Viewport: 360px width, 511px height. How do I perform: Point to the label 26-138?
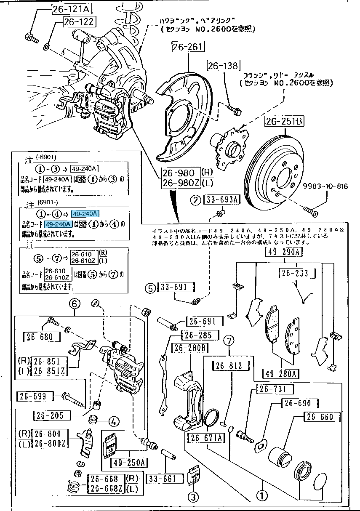pyautogui.click(x=223, y=65)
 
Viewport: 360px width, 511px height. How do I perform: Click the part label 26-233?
pyautogui.click(x=294, y=273)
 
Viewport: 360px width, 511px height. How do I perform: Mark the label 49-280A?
pyautogui.click(x=280, y=373)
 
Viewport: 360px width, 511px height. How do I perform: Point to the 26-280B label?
pyautogui.click(x=190, y=348)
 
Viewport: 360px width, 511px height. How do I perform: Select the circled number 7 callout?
pyautogui.click(x=229, y=340)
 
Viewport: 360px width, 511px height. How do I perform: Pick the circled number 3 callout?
pyautogui.click(x=193, y=498)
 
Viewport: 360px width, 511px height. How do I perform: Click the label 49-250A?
pyautogui.click(x=128, y=463)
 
